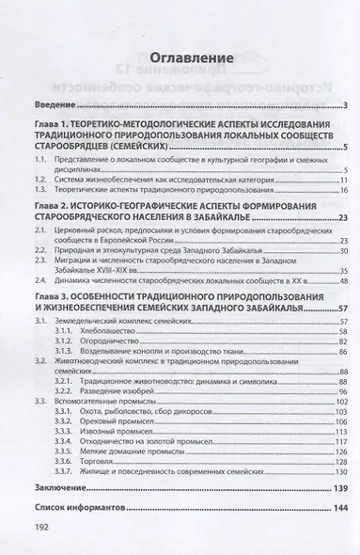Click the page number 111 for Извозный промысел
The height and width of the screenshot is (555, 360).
click(x=342, y=432)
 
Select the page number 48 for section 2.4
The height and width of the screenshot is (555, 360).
click(x=344, y=279)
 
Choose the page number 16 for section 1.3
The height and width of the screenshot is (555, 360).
click(x=344, y=189)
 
